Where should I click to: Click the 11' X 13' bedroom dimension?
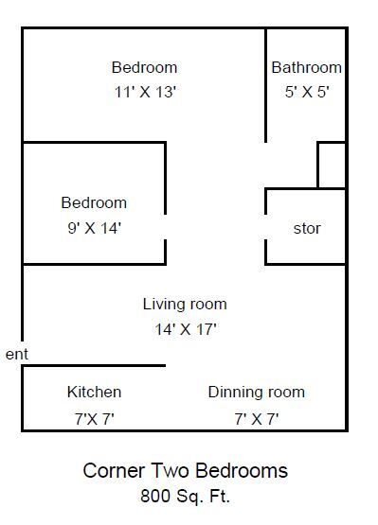click(144, 93)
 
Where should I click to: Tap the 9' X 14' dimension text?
click(94, 227)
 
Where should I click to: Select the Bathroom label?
click(306, 67)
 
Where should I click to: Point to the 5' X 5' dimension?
click(306, 93)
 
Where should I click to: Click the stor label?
click(307, 228)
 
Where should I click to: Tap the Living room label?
click(185, 304)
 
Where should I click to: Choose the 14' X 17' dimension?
click(185, 329)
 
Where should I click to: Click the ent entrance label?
click(17, 354)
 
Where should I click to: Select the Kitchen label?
click(94, 392)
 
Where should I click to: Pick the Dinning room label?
click(257, 392)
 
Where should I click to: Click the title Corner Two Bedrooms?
click(186, 470)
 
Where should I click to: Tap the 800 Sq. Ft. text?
click(186, 494)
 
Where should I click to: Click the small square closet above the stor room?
click(331, 166)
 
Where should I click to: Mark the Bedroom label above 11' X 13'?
click(144, 67)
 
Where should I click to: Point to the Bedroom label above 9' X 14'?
click(94, 202)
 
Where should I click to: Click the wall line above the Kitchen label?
click(94, 366)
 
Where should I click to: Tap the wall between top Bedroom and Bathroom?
click(265, 85)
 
